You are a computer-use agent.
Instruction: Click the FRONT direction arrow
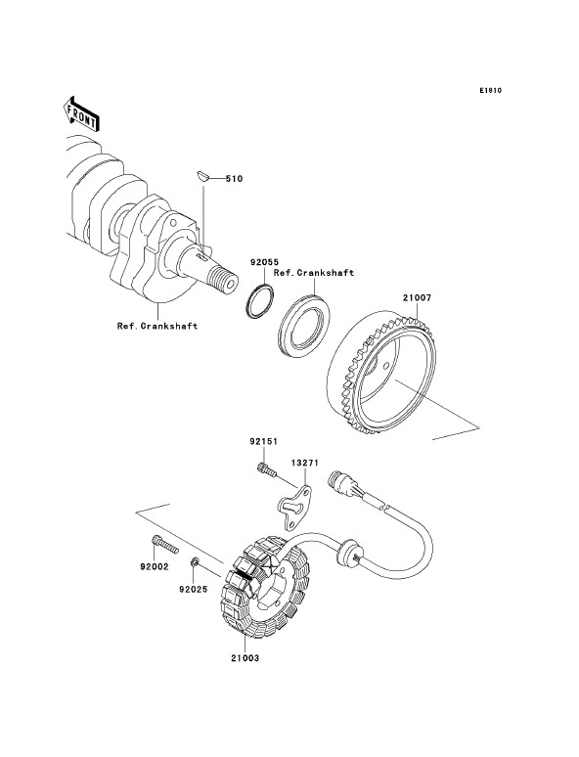click(81, 113)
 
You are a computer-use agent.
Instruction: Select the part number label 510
click(234, 179)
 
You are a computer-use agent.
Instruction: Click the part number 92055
click(264, 262)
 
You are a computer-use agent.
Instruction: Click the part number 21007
click(418, 298)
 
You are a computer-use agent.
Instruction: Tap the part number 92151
click(264, 441)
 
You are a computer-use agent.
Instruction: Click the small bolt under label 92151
click(265, 469)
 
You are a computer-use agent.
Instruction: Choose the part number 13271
click(305, 463)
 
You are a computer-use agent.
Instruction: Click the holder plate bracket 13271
click(294, 508)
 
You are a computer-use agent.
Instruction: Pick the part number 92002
click(155, 567)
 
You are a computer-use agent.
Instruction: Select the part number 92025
click(193, 589)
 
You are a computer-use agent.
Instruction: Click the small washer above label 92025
click(195, 562)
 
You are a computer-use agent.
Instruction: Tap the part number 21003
click(245, 657)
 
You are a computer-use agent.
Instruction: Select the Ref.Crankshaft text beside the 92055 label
click(314, 273)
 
